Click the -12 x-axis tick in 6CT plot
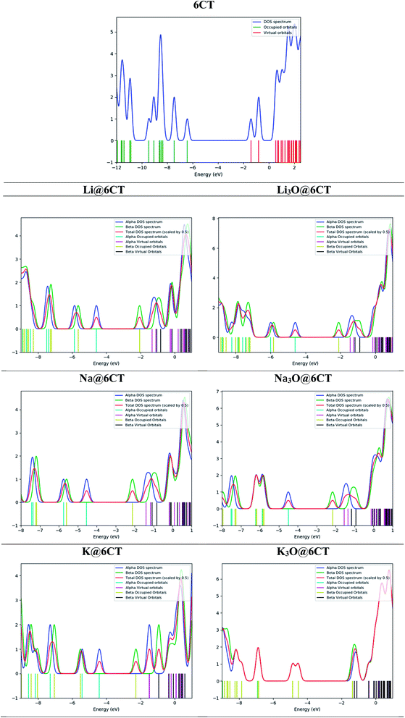tap(117, 167)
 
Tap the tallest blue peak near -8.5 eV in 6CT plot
tap(161, 35)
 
